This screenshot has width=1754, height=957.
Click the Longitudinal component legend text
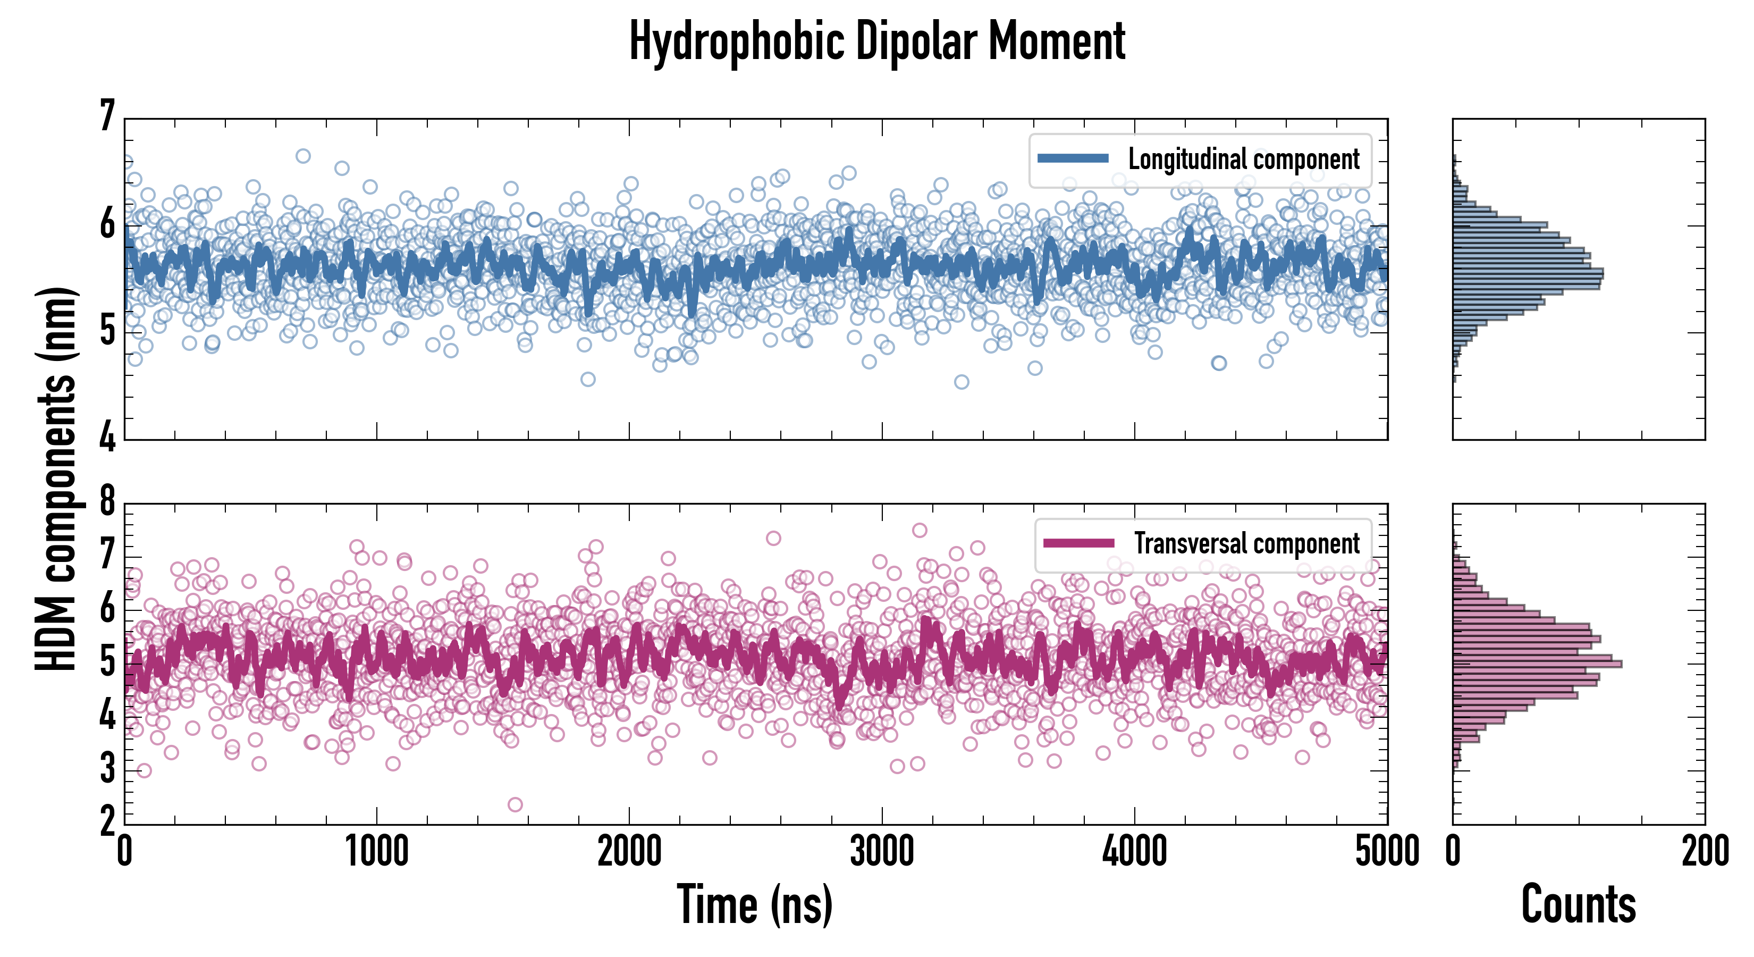pos(1243,159)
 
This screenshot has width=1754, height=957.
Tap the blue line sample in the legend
pos(1073,159)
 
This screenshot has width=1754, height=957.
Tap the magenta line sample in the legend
pos(1078,543)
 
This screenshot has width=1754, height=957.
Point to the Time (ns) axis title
pos(754,904)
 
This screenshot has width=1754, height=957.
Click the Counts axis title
pos(1578,904)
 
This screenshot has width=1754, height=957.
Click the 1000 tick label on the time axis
pos(376,851)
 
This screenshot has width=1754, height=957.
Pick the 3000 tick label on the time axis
pos(882,851)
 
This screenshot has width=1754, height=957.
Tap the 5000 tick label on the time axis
pos(1387,851)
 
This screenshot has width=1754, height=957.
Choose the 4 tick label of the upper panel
pos(107,436)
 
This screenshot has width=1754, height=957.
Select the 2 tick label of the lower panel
pos(107,822)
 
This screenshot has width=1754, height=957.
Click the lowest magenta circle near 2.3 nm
pos(516,804)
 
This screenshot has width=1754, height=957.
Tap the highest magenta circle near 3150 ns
pos(919,530)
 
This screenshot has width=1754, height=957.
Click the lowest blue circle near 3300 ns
pos(962,381)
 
